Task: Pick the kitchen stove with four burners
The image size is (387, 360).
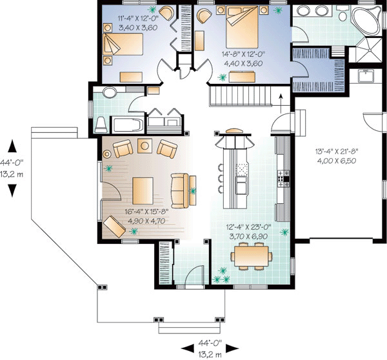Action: click(281, 175)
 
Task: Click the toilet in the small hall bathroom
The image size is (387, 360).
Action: click(101, 122)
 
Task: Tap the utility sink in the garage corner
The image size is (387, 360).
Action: click(368, 76)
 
